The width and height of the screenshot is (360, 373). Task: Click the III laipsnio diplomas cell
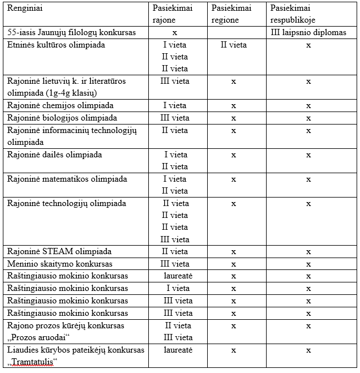[x=308, y=33]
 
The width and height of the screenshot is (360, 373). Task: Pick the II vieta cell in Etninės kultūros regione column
[x=233, y=45]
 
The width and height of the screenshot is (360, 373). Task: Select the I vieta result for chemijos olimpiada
[x=175, y=106]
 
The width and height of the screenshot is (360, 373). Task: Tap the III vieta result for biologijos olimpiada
[x=175, y=118]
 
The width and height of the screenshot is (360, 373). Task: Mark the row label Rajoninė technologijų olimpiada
[x=66, y=203]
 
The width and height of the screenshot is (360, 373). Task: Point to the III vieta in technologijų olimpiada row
[x=175, y=239]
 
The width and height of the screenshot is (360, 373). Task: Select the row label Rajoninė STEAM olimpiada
[x=59, y=252]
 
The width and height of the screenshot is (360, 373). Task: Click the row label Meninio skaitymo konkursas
[x=59, y=264]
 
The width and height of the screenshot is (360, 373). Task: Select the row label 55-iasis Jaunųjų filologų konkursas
[x=71, y=33]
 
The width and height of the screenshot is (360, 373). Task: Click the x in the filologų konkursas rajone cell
[x=175, y=33]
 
